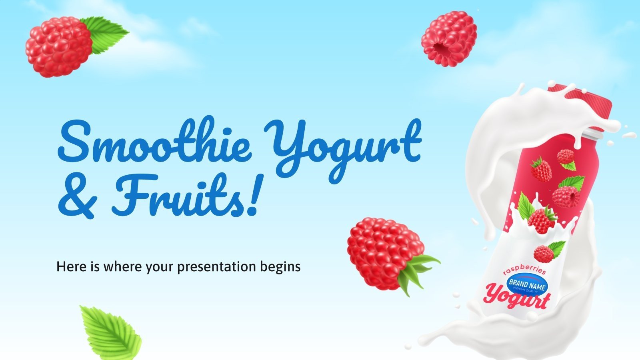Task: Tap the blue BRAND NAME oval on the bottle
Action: tap(527, 284)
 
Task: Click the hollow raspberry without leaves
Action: tap(449, 39)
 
